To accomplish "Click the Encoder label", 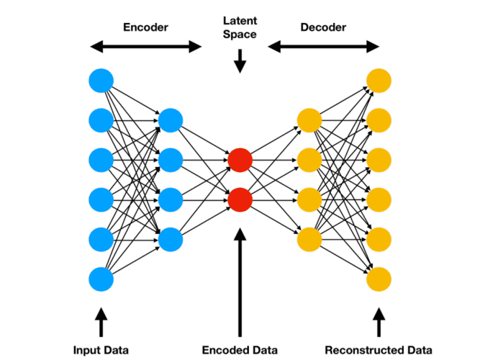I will pyautogui.click(x=147, y=27).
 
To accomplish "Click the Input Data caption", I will pyautogui.click(x=101, y=349).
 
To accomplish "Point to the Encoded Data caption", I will pyautogui.click(x=240, y=349).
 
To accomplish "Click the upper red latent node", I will pyautogui.click(x=240, y=159).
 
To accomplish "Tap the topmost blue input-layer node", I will pyautogui.click(x=101, y=79).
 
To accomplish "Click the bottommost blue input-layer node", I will pyautogui.click(x=101, y=278).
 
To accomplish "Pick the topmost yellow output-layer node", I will pyautogui.click(x=379, y=79).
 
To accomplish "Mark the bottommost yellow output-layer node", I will pyautogui.click(x=379, y=278).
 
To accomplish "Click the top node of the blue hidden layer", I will pyautogui.click(x=171, y=120).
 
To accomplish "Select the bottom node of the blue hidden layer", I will pyautogui.click(x=171, y=238).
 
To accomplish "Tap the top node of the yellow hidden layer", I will pyautogui.click(x=309, y=120).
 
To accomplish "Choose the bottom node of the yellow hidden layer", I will pyautogui.click(x=309, y=238).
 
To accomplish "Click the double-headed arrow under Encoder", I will pyautogui.click(x=147, y=47).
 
